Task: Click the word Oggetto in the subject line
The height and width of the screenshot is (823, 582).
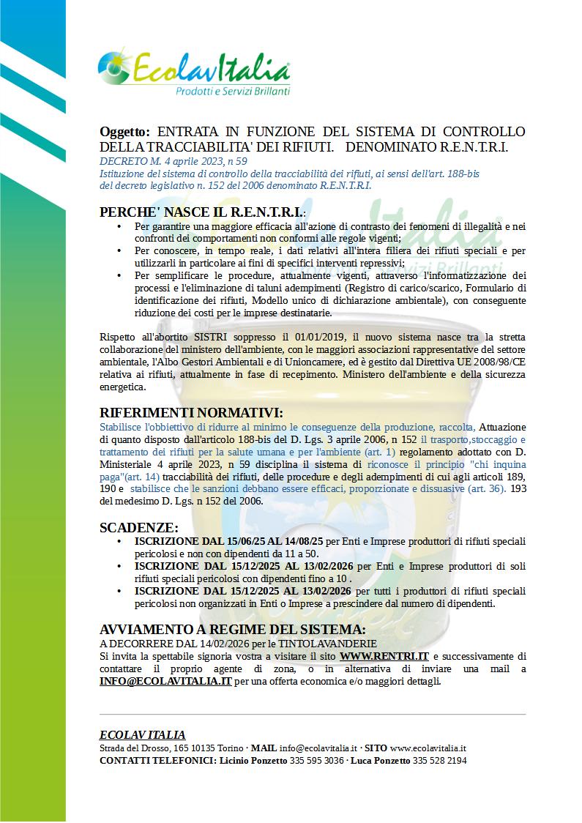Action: pyautogui.click(x=124, y=132)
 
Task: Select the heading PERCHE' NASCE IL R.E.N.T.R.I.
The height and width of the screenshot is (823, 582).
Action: pyautogui.click(x=202, y=213)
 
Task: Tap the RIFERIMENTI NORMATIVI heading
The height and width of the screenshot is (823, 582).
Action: pyautogui.click(x=191, y=414)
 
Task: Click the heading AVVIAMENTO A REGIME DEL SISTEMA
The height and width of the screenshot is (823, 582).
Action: pyautogui.click(x=232, y=630)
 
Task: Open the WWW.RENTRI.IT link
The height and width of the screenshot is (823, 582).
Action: pyautogui.click(x=384, y=656)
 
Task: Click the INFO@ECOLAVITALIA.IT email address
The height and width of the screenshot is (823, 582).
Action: pyautogui.click(x=165, y=681)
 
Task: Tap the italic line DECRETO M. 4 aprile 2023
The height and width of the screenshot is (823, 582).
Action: pyautogui.click(x=174, y=160)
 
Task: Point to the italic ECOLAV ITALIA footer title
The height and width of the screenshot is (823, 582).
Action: pyautogui.click(x=142, y=735)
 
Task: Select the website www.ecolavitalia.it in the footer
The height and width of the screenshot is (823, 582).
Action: pyautogui.click(x=428, y=748)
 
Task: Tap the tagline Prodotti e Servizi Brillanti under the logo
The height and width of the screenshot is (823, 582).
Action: pyautogui.click(x=233, y=92)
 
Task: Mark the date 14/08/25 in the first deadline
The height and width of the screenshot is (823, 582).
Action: pyautogui.click(x=302, y=542)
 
